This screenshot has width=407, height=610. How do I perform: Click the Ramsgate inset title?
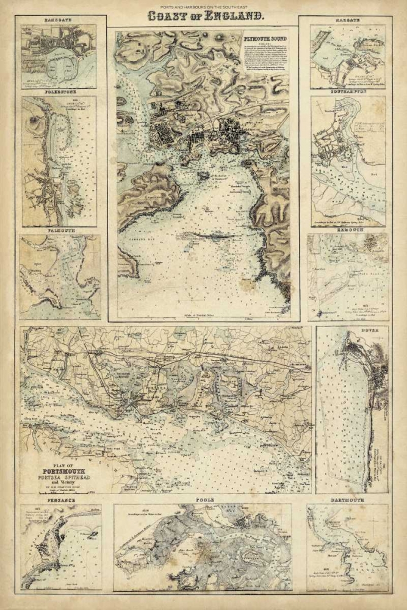pos(58,20)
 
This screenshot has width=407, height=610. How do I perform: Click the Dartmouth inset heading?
pos(348,500)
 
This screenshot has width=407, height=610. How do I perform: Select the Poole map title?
pos(204,500)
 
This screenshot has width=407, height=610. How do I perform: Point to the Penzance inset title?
pos(59,500)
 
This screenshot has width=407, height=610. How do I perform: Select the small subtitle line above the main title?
pos(203,5)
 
